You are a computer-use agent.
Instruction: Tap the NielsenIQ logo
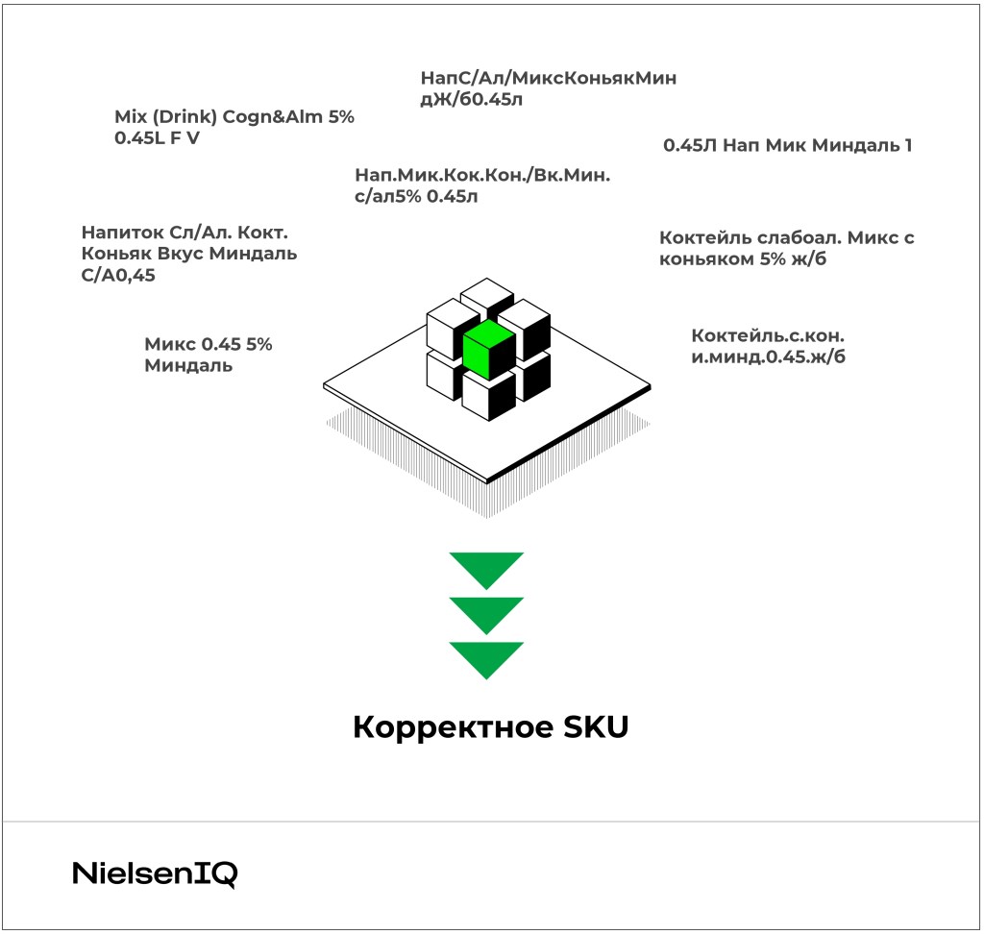[155, 873]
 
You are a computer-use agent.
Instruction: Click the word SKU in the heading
[596, 726]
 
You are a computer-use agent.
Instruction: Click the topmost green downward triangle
[486, 568]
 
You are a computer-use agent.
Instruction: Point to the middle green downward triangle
[486, 613]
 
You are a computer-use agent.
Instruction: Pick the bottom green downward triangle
[486, 658]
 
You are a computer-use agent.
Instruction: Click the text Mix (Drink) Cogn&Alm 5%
[234, 117]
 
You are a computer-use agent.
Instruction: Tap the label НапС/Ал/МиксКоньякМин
[549, 79]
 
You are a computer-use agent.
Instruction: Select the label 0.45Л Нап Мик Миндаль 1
[788, 146]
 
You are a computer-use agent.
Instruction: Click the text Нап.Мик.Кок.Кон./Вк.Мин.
[482, 175]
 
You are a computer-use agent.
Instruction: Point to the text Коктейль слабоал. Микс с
[786, 238]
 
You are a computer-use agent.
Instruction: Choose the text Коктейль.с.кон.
[768, 335]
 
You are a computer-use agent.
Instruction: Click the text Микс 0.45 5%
[209, 345]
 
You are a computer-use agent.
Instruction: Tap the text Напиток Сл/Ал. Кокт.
[184, 233]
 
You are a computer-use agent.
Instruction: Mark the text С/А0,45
[118, 276]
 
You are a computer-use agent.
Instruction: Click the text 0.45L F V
[157, 138]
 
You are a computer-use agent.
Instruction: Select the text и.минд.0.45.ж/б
[768, 357]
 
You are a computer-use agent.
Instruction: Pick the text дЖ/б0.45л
[471, 100]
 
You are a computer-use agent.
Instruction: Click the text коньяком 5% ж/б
[743, 259]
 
